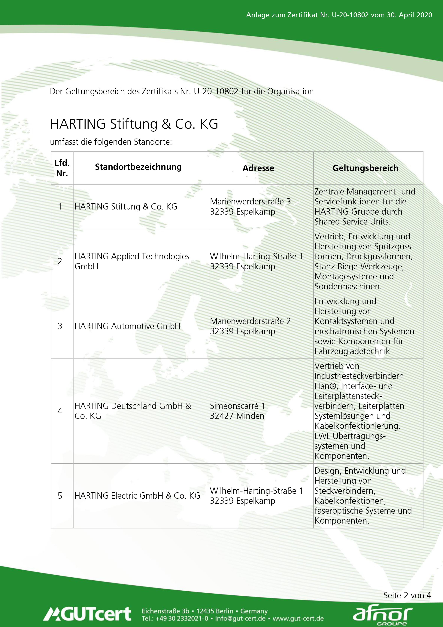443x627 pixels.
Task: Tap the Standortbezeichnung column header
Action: [x=138, y=167]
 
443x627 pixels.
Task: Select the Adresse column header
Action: [x=258, y=168]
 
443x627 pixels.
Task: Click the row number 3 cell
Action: [x=60, y=326]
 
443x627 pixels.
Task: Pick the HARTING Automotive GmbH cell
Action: [x=127, y=326]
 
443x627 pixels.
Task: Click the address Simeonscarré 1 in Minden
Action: [x=237, y=411]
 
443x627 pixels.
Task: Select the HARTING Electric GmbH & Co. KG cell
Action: [x=137, y=495]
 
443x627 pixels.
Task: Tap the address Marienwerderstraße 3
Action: [x=250, y=202]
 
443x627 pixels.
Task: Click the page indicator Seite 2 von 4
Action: [x=407, y=595]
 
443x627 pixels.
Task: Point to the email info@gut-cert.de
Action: [x=240, y=618]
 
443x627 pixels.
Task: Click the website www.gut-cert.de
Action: [x=298, y=618]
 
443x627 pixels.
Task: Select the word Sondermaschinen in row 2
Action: [x=348, y=286]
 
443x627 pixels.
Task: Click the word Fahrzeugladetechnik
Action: [x=352, y=351]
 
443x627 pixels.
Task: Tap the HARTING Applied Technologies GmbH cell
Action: [x=132, y=261]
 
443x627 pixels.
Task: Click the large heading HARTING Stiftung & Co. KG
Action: [x=134, y=124]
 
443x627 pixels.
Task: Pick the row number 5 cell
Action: [x=60, y=495]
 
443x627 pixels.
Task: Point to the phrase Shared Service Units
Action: [x=352, y=222]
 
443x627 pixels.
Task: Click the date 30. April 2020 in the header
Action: [x=409, y=15]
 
